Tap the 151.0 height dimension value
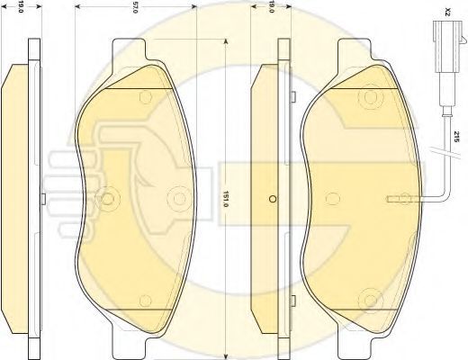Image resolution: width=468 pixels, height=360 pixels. (x=227, y=199)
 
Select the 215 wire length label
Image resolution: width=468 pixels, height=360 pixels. (x=456, y=137)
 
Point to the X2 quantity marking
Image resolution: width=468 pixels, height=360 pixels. (x=448, y=12)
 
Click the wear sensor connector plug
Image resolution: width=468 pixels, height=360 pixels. (x=448, y=47)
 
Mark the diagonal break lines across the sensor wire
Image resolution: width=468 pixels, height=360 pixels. (x=445, y=151)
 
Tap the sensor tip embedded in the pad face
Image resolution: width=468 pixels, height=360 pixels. (x=403, y=199)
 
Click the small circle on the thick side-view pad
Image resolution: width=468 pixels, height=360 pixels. (x=273, y=199)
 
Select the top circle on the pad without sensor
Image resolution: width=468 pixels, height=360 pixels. (x=146, y=97)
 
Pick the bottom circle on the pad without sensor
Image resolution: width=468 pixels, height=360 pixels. (x=146, y=301)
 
